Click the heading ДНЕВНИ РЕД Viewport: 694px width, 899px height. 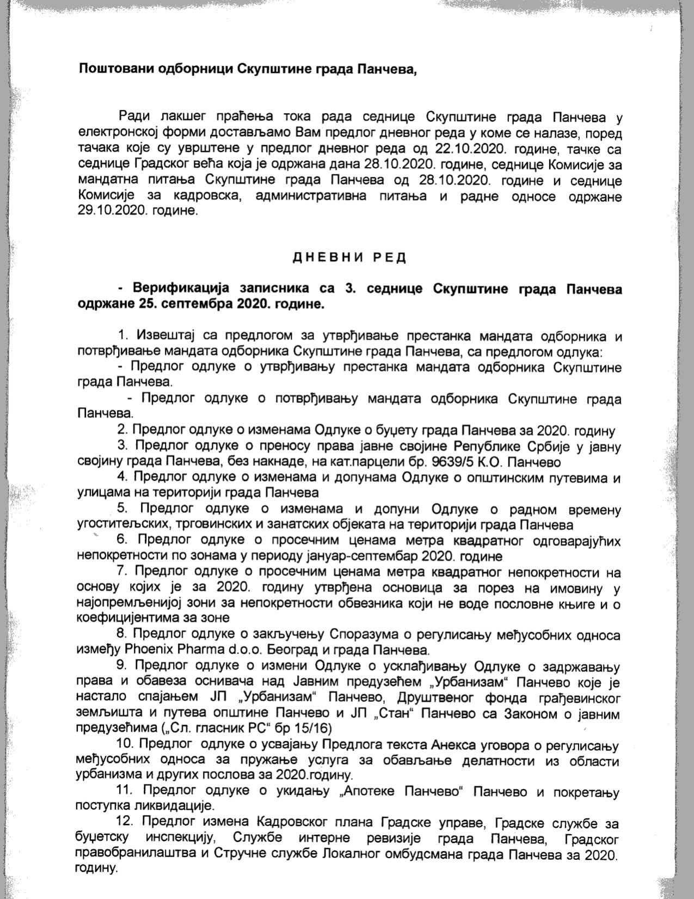point(349,258)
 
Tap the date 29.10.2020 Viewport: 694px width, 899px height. point(111,210)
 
